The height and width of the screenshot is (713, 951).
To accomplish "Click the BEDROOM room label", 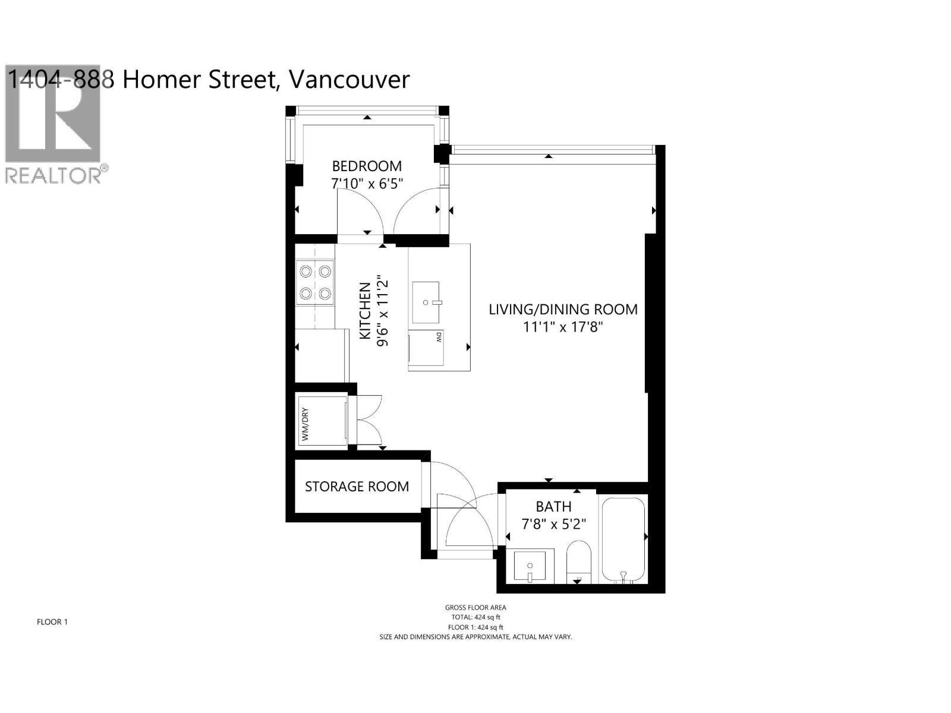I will pyautogui.click(x=367, y=166).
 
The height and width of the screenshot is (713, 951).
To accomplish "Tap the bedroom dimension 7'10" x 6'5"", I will pyautogui.click(x=367, y=184).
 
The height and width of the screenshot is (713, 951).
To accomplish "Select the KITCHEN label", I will pyautogui.click(x=365, y=311).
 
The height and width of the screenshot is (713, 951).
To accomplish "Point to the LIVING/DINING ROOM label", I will pyautogui.click(x=563, y=310).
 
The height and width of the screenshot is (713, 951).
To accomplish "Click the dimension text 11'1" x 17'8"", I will pyautogui.click(x=563, y=327).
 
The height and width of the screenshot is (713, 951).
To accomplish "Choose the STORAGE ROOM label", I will pyautogui.click(x=357, y=487).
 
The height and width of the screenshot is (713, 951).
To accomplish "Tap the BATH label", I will pyautogui.click(x=553, y=507).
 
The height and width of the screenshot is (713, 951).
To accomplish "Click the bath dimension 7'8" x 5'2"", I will pyautogui.click(x=553, y=525).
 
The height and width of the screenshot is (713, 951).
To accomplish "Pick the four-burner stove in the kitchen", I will pyautogui.click(x=315, y=283).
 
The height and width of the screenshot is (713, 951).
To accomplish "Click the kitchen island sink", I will pyautogui.click(x=426, y=302).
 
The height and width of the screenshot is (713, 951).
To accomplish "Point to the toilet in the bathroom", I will pyautogui.click(x=578, y=561).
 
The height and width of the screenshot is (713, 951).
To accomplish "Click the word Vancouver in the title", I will pyautogui.click(x=349, y=80).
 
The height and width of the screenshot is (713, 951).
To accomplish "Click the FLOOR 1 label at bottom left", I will pyautogui.click(x=52, y=622).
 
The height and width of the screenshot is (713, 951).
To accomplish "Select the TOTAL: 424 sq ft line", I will pyautogui.click(x=475, y=617).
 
